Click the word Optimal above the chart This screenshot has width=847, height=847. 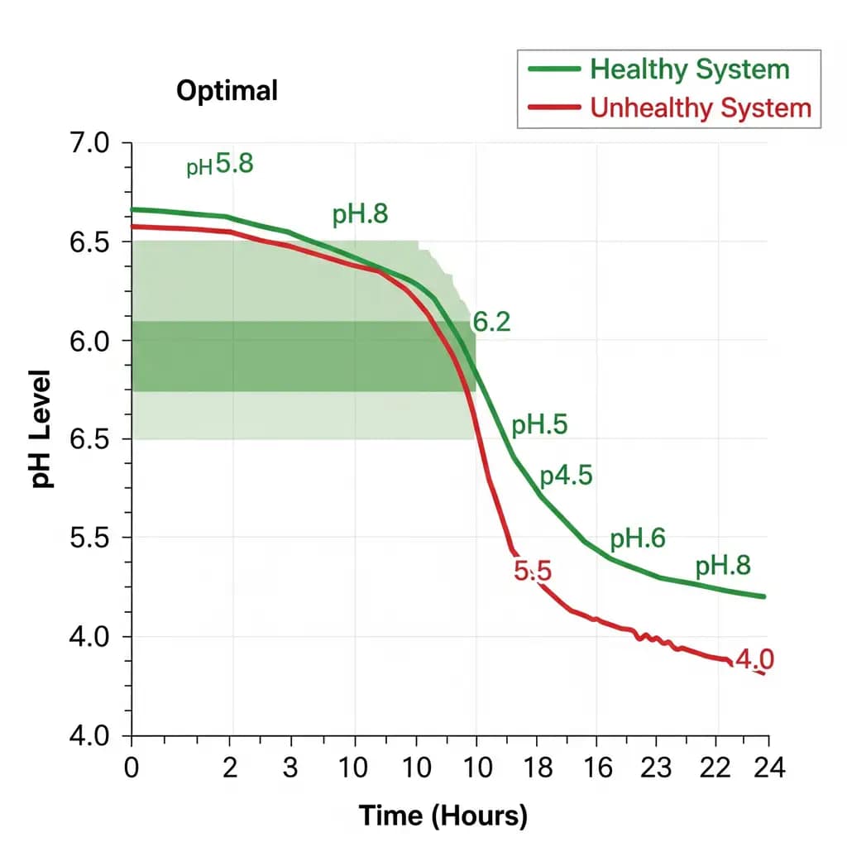coord(227,91)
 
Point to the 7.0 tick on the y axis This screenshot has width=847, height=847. coord(86,143)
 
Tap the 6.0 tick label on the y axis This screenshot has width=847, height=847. coord(86,341)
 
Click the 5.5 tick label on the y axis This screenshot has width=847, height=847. coord(86,538)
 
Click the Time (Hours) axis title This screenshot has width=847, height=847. coord(443,816)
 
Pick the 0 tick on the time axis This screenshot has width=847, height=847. coord(132,767)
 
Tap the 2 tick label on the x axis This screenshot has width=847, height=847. coord(231,767)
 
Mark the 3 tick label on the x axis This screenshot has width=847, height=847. coord(290,767)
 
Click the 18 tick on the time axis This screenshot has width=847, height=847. coord(538,767)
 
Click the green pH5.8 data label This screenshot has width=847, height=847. coord(219,165)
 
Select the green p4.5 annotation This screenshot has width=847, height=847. coord(566,477)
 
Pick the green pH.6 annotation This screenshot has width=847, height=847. coord(638,539)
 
